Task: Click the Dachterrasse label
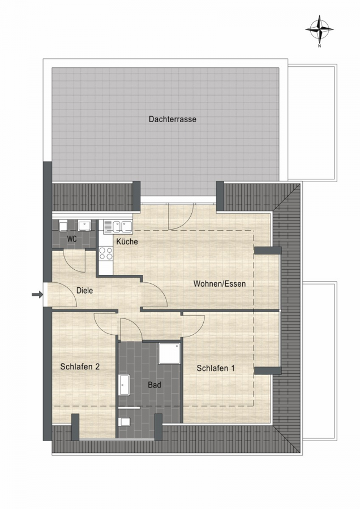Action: tap(173, 119)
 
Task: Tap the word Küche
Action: tap(127, 241)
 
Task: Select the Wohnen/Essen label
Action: tap(220, 284)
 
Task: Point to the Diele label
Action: tap(85, 291)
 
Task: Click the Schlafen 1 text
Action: tap(216, 368)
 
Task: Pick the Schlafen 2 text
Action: tap(80, 367)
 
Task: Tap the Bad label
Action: tap(155, 385)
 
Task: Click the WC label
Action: tap(72, 239)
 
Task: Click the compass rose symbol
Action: tap(319, 29)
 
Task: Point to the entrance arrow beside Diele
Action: tap(37, 295)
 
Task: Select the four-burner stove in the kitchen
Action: tap(106, 253)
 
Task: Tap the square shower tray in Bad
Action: tap(169, 353)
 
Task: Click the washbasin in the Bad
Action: tap(125, 385)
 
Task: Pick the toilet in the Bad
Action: tap(125, 422)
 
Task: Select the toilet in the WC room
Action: tap(63, 226)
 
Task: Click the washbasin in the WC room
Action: tap(84, 226)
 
